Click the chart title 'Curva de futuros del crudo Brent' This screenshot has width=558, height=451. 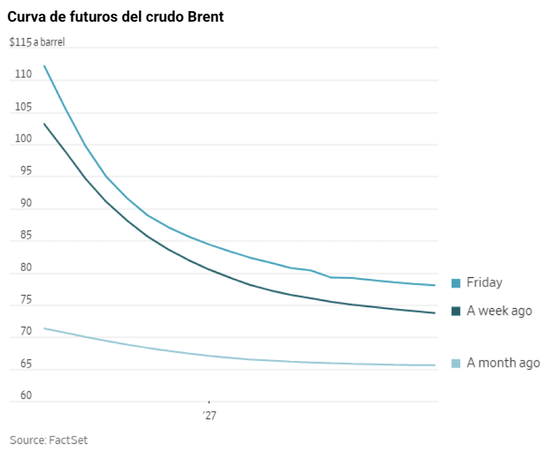tap(116, 17)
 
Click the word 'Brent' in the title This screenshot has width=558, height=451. tap(204, 17)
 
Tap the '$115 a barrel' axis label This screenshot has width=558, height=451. tap(37, 43)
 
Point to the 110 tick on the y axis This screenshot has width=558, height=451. tap(23, 74)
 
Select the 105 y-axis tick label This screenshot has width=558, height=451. tap(23, 107)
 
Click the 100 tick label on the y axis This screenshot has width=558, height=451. tap(23, 139)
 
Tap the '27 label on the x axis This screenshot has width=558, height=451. tap(209, 416)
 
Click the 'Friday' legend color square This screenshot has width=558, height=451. tap(456, 283)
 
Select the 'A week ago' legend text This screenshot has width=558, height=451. tap(499, 310)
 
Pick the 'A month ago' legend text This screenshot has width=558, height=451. tap(503, 363)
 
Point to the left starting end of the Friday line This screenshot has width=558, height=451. tap(44, 65)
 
